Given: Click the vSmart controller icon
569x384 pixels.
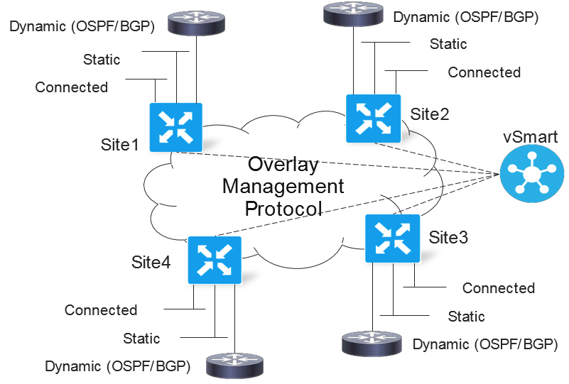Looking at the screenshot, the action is (x=531, y=173).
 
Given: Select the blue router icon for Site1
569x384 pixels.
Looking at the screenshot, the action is (x=176, y=127).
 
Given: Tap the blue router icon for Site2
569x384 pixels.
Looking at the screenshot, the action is (x=374, y=119).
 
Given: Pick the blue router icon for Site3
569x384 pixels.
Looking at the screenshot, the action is (x=392, y=238).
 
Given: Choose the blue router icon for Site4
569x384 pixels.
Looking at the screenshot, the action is (x=215, y=260).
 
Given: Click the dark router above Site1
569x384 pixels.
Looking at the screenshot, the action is (x=196, y=23).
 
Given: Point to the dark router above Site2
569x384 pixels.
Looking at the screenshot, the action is (x=353, y=13).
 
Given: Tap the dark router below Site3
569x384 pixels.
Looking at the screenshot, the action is (x=372, y=343).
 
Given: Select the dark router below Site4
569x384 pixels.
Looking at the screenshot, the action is (x=235, y=366).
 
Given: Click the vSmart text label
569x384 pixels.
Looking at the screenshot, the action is (x=530, y=137).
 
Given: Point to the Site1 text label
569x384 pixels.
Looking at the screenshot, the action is (x=120, y=145).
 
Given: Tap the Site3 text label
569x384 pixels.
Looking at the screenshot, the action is (x=448, y=238).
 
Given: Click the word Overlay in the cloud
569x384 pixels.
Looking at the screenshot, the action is (x=283, y=164).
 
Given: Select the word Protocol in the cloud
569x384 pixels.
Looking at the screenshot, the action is (x=283, y=209).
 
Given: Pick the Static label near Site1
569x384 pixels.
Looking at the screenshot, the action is (x=102, y=60).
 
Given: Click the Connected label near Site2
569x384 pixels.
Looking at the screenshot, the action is (x=484, y=72).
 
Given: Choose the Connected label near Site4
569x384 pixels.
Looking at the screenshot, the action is (x=101, y=310).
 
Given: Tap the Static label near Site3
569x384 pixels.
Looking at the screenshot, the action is (x=466, y=316).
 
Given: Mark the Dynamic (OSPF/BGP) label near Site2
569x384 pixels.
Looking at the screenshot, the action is (x=466, y=18).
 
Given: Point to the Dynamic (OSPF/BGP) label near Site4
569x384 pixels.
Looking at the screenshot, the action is (x=118, y=366).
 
